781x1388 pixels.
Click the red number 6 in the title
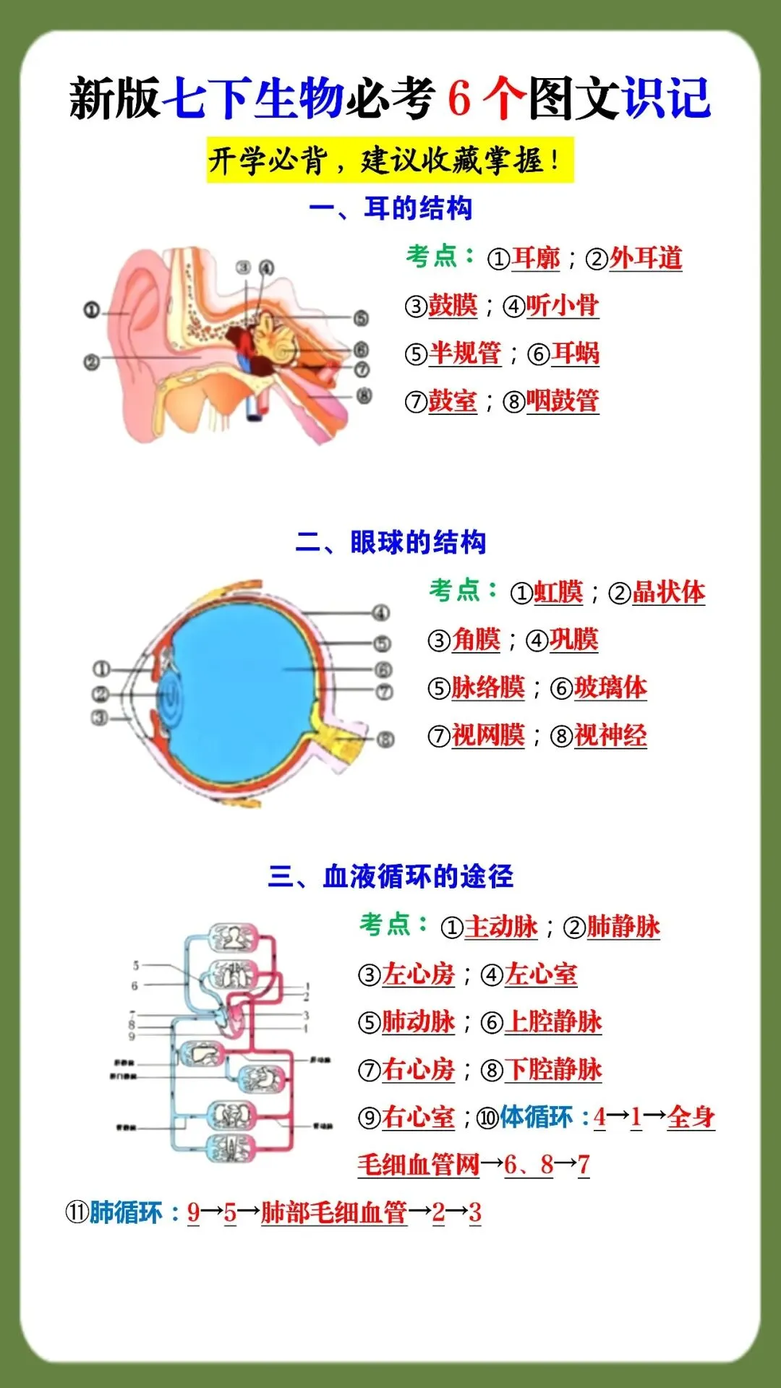pyautogui.click(x=459, y=98)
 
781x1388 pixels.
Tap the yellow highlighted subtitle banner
pyautogui.click(x=390, y=160)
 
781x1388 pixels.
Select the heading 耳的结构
pyautogui.click(x=390, y=208)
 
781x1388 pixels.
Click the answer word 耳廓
pyautogui.click(x=536, y=258)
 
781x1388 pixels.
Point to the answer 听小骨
pyautogui.click(x=562, y=306)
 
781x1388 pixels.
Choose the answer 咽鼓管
pyautogui.click(x=562, y=400)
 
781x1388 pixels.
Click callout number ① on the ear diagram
pyautogui.click(x=91, y=310)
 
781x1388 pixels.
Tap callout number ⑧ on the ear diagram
pyautogui.click(x=364, y=395)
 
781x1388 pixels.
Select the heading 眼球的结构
pyautogui.click(x=390, y=542)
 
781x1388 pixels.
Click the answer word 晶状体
pyautogui.click(x=668, y=592)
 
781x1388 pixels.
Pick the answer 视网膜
pyautogui.click(x=488, y=735)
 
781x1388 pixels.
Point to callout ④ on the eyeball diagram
pyautogui.click(x=381, y=614)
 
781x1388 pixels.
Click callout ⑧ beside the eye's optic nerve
pyautogui.click(x=385, y=739)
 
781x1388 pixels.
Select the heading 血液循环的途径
pyautogui.click(x=390, y=876)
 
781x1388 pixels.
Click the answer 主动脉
pyautogui.click(x=501, y=927)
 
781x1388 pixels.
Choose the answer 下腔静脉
pyautogui.click(x=553, y=1069)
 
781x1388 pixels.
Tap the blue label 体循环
pyautogui.click(x=536, y=1117)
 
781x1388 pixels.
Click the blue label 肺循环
pyautogui.click(x=126, y=1212)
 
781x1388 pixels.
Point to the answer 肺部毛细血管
pyautogui.click(x=334, y=1212)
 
